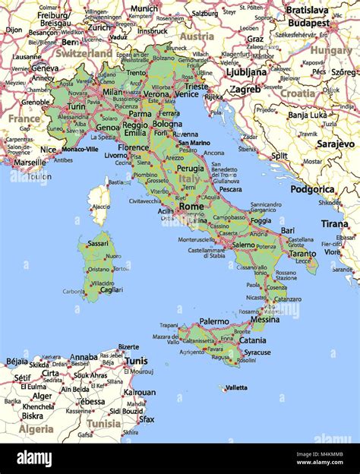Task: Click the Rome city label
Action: [191, 206]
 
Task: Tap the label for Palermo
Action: [213, 321]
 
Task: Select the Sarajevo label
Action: [335, 144]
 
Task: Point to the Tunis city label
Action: [136, 361]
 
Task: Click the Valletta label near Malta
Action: [236, 387]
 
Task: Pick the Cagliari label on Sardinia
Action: [111, 289]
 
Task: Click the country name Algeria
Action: [36, 429]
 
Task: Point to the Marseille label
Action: [30, 162]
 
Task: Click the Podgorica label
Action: [313, 189]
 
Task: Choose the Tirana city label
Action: [334, 223]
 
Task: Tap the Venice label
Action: [186, 94]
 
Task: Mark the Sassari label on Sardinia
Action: [98, 243]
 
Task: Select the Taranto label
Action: [302, 254]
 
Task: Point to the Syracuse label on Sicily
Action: [257, 352]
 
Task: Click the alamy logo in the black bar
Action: [34, 458]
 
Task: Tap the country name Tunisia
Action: [103, 423]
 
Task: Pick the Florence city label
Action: [134, 147]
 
